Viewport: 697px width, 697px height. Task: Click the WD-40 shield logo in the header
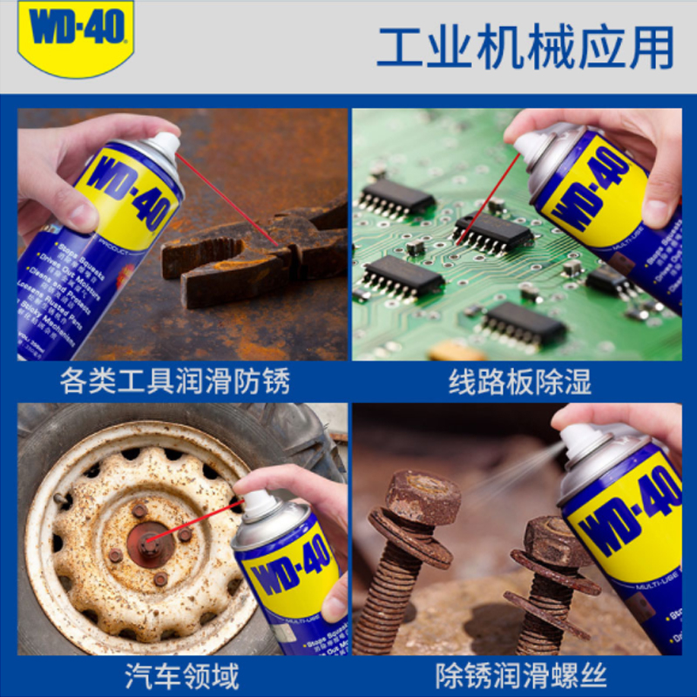[76, 33]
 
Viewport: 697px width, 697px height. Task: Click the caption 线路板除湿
[520, 382]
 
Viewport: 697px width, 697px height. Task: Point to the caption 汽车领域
[182, 675]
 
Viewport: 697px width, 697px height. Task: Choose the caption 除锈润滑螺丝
[521, 675]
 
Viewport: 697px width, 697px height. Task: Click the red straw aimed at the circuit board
[489, 197]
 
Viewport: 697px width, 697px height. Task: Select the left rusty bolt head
[423, 497]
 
